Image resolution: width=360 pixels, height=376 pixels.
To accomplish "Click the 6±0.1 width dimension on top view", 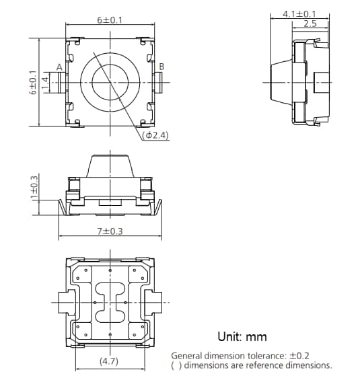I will (x=109, y=20).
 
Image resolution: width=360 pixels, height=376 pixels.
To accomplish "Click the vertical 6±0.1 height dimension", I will (x=33, y=82).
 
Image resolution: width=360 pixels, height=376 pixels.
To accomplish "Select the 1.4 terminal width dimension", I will (x=46, y=82).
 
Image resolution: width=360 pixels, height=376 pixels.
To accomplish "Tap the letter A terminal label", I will (x=59, y=67).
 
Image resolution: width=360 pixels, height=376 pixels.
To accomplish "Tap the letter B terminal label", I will (x=161, y=67).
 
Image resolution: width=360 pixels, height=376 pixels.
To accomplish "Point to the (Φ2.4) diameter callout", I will (x=155, y=135).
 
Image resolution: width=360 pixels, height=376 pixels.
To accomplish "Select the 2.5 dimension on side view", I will (x=310, y=24).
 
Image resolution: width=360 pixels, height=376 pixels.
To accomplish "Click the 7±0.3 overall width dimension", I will (x=109, y=231).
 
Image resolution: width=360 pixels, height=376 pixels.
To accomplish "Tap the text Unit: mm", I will (x=242, y=336).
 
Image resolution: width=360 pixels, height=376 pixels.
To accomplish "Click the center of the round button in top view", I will (x=110, y=82).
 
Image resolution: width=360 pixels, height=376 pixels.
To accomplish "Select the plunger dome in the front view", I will (x=110, y=165).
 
